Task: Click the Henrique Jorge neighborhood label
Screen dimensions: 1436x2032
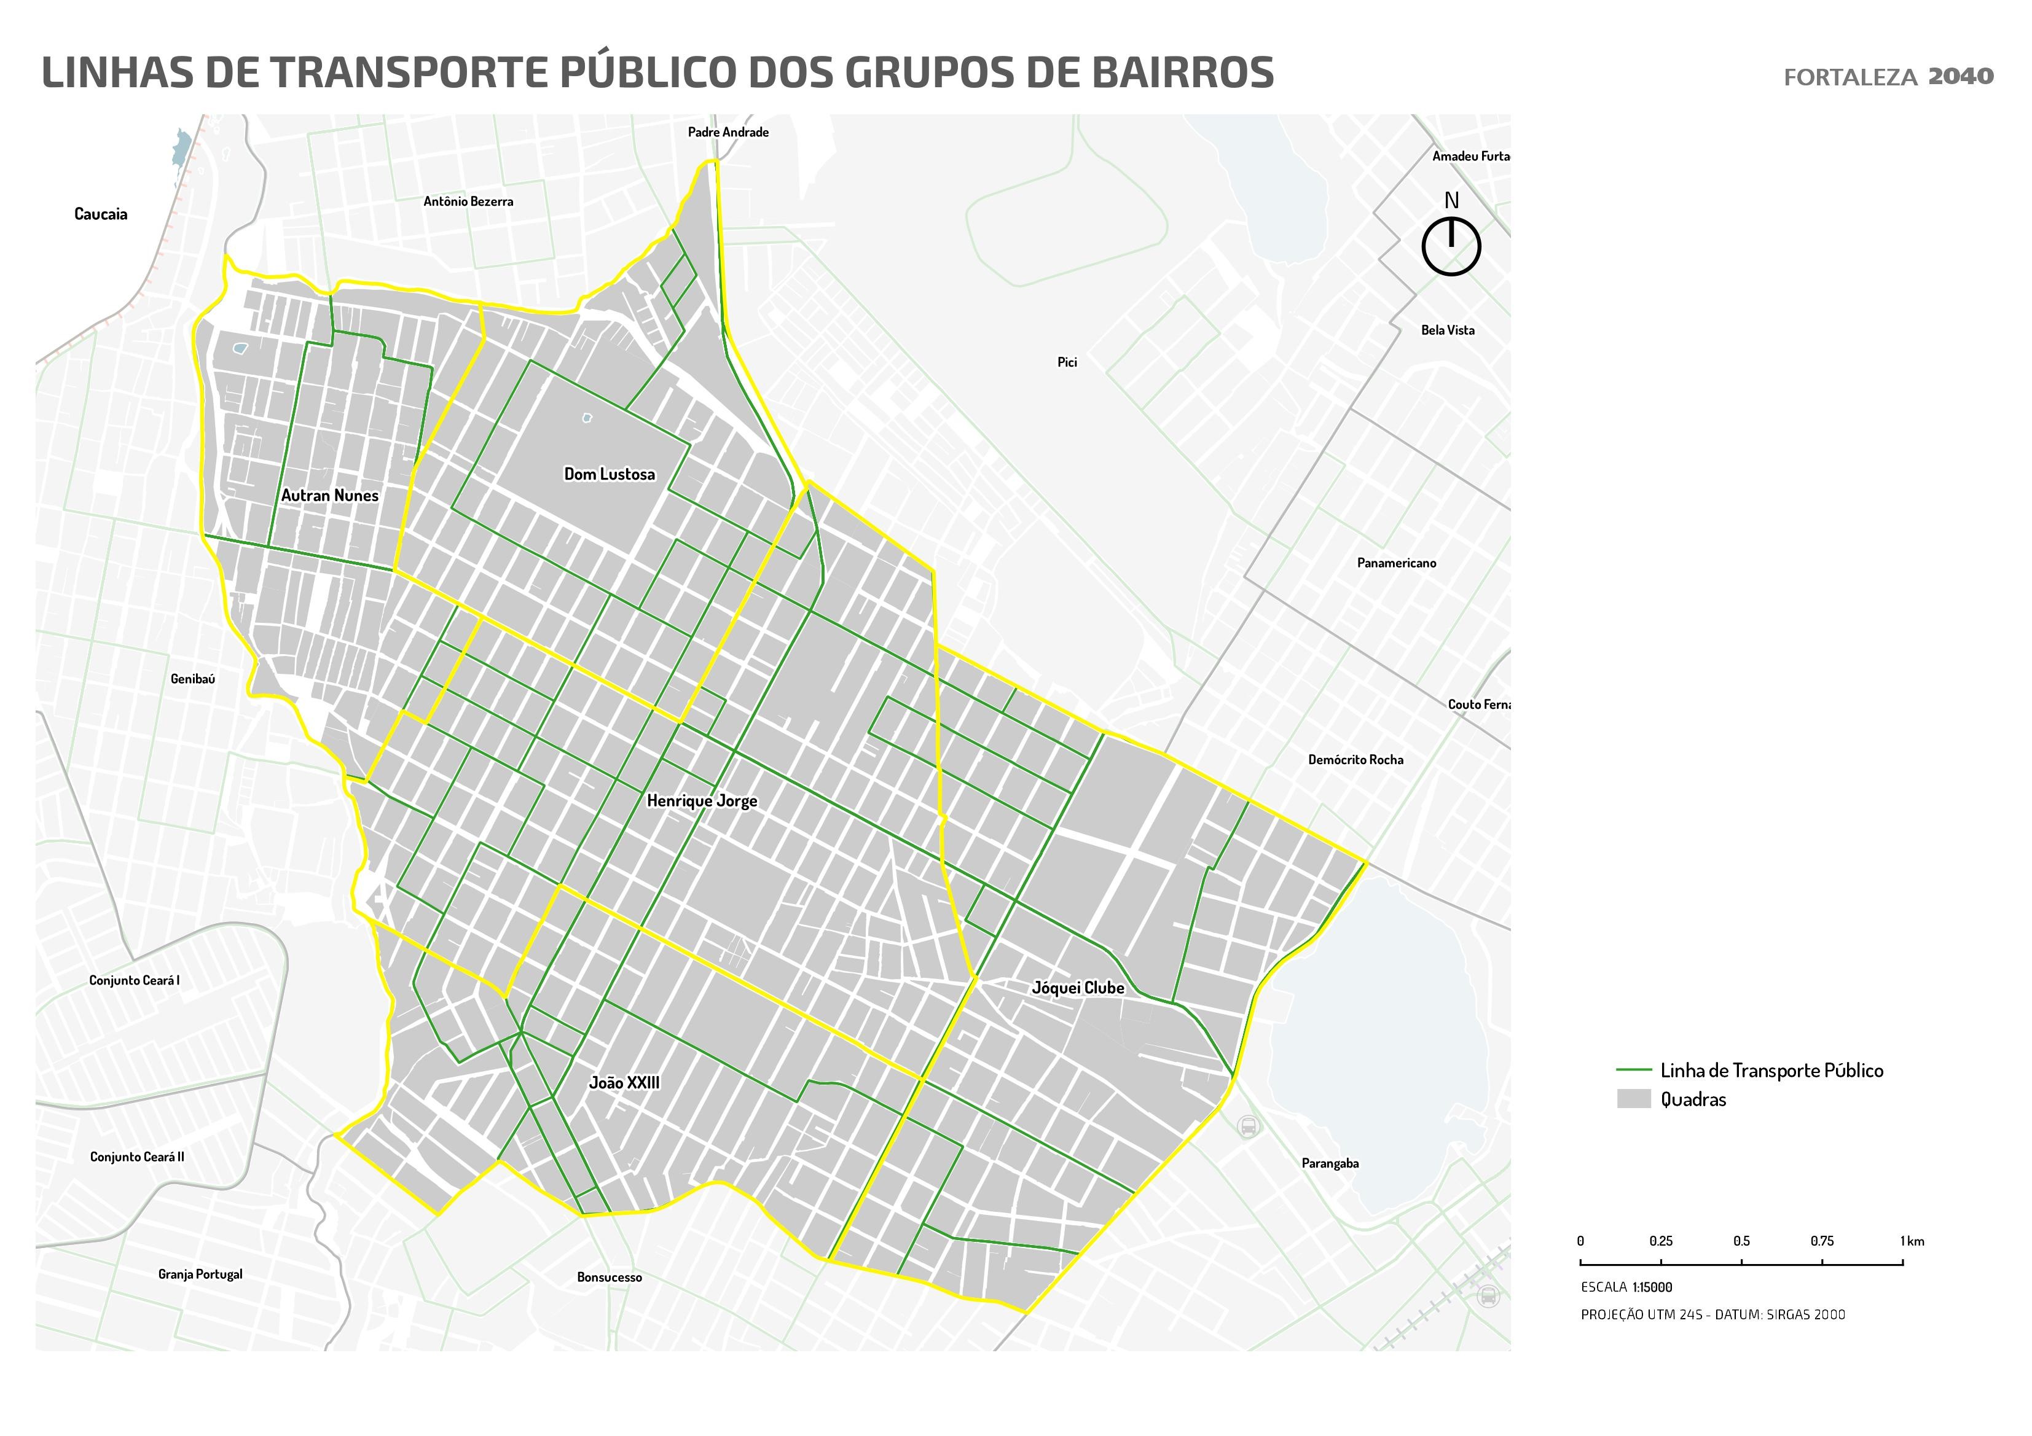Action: coord(702,801)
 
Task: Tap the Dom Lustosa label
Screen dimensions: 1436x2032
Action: coord(609,474)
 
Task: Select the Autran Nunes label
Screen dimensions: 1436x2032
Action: coord(329,496)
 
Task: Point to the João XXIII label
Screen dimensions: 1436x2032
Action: coord(624,1083)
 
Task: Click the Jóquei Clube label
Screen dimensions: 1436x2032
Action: coord(1078,988)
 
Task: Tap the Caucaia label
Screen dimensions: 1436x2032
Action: coord(101,214)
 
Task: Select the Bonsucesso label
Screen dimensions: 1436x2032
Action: coord(609,1278)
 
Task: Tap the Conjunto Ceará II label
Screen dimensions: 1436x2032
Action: coord(137,1157)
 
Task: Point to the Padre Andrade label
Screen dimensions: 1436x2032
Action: coord(728,133)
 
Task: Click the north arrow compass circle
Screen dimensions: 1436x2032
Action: coord(1451,247)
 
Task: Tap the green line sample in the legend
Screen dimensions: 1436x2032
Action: coord(1634,1071)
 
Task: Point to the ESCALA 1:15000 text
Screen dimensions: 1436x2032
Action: coord(1626,1287)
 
